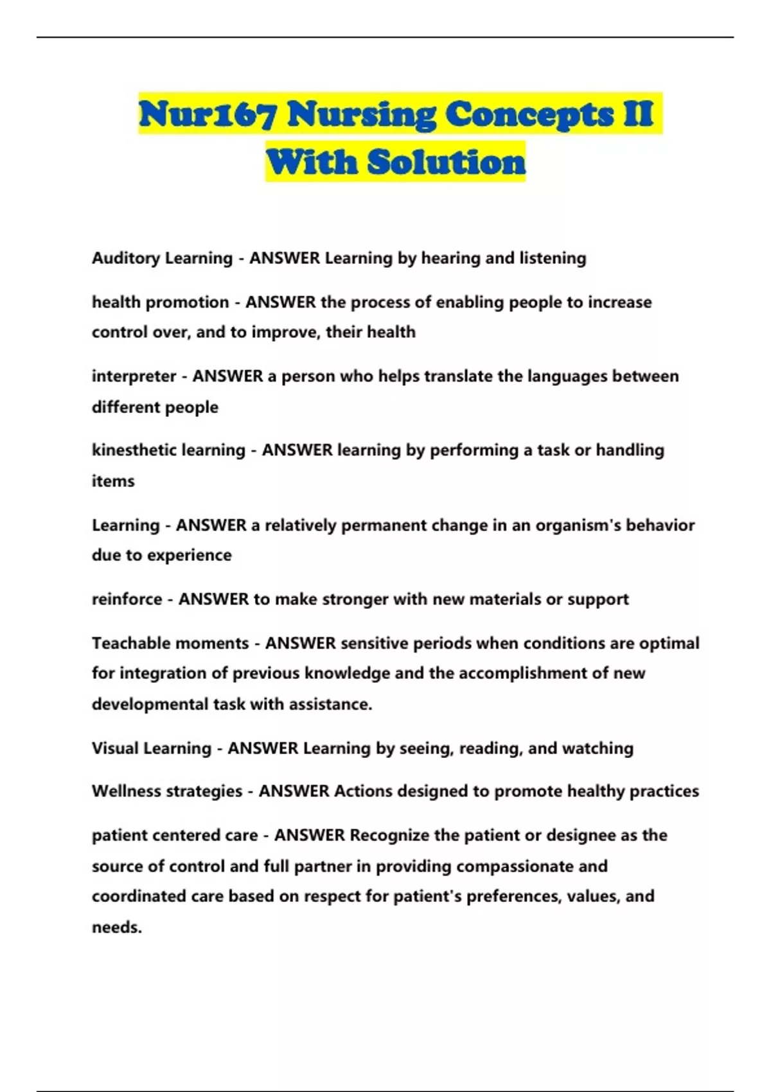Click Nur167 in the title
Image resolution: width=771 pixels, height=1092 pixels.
[x=208, y=116]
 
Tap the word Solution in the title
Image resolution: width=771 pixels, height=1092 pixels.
[x=447, y=162]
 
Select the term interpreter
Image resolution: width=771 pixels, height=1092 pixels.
[x=134, y=376]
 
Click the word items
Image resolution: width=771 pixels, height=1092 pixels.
[x=113, y=481]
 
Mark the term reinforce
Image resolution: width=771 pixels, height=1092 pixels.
[x=127, y=599]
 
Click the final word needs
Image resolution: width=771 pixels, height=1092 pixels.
[x=116, y=928]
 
